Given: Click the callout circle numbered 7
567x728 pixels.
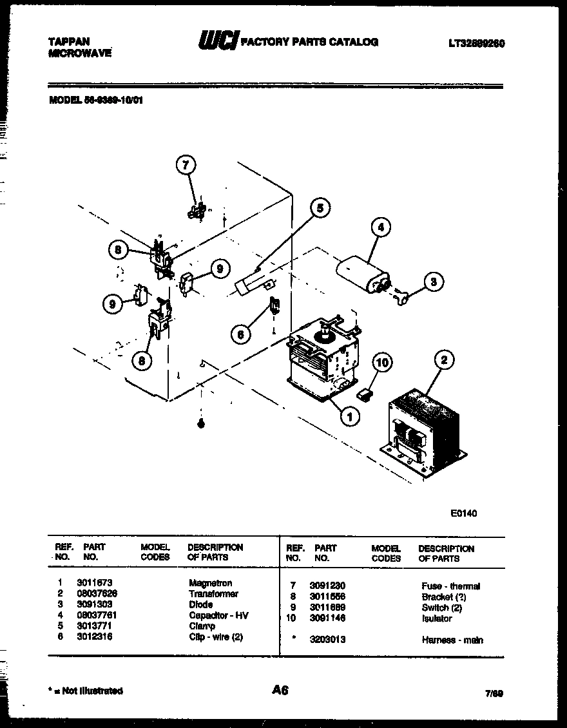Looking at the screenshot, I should coord(185,166).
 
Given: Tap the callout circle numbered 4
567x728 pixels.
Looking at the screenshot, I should coord(381,227).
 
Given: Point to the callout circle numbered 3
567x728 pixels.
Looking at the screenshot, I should coord(434,281).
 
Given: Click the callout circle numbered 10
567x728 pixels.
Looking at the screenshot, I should coord(382,363).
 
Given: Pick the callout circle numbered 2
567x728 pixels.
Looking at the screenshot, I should coord(443,360).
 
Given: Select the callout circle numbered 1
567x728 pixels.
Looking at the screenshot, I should coord(349,417).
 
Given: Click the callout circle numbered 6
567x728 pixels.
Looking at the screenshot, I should coord(240,334).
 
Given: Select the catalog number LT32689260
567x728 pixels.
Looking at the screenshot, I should coord(476,44).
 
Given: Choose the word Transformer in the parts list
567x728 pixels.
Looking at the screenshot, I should coord(213,594).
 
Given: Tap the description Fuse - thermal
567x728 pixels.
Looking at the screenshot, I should coord(450,586).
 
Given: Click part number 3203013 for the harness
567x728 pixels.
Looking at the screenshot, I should coord(327,640).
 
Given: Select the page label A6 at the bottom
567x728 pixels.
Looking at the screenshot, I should coord(280,690).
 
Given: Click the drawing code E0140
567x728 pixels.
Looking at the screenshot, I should coord(463,513).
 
